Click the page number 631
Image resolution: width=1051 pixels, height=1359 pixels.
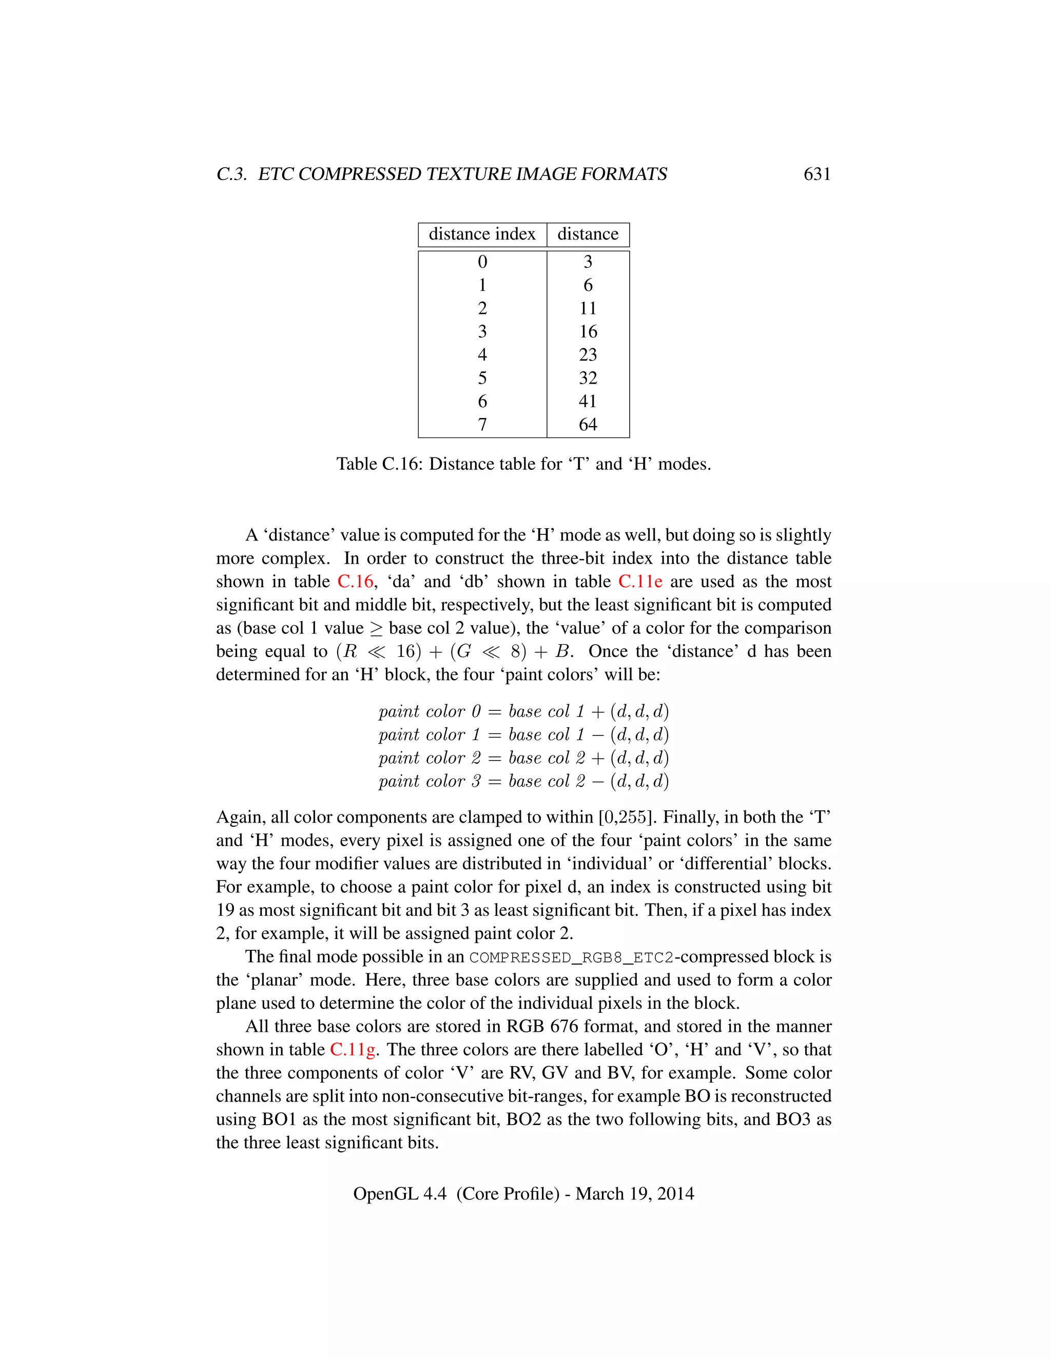click(x=817, y=174)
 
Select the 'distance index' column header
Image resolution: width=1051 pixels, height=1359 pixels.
click(x=482, y=234)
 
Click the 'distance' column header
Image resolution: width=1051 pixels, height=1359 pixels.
click(x=588, y=234)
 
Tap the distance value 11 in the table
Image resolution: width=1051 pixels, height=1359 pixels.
click(x=588, y=308)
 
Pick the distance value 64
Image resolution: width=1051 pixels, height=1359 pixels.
click(x=588, y=425)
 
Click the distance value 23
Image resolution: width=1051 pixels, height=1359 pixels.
click(x=588, y=355)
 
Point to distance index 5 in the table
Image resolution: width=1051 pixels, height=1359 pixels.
click(x=482, y=378)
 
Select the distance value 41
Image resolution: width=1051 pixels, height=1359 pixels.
click(x=588, y=402)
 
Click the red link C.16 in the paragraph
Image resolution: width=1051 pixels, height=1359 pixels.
click(x=355, y=581)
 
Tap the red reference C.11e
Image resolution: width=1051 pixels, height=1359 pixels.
click(x=640, y=581)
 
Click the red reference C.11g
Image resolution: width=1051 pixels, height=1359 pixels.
click(x=353, y=1050)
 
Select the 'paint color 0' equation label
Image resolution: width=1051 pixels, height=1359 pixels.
click(x=430, y=711)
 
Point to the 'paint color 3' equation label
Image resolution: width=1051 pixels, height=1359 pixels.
click(x=430, y=781)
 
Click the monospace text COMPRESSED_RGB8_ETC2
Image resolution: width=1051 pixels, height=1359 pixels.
click(x=571, y=957)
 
